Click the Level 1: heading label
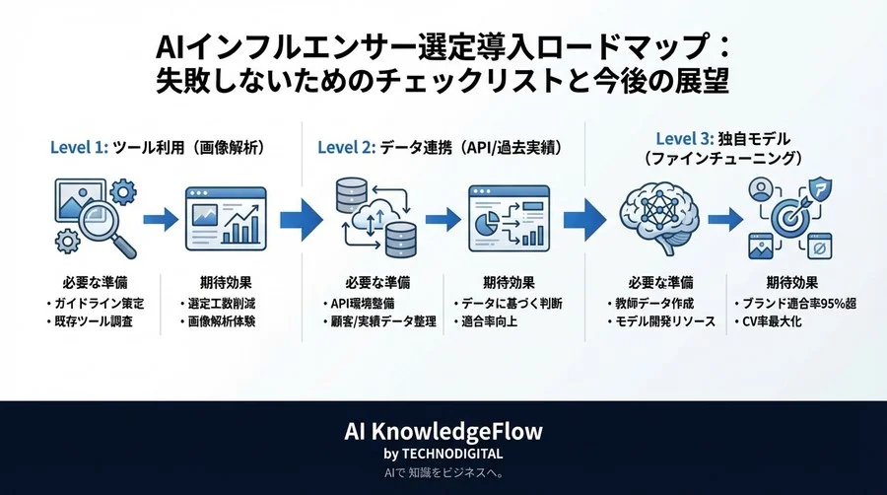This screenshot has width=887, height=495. click(80, 148)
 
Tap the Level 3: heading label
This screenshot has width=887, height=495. click(688, 139)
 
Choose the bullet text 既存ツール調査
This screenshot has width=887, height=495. click(92, 322)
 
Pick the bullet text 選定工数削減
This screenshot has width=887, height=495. click(224, 303)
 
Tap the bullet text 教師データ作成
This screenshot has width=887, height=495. click(646, 303)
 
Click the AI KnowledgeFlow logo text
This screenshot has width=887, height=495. click(443, 432)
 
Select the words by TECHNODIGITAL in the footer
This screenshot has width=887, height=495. click(443, 454)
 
